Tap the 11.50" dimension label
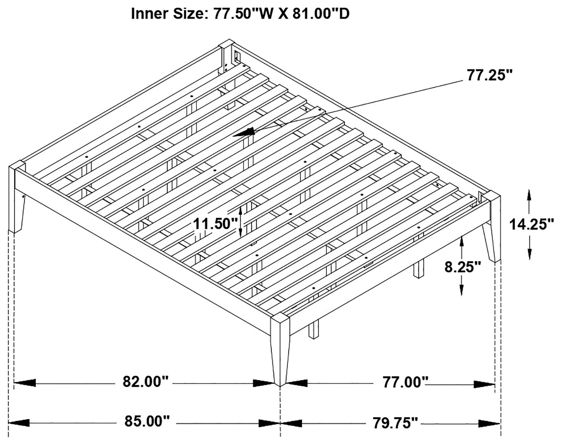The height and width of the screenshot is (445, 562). (x=216, y=224)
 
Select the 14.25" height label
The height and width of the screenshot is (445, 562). (x=531, y=224)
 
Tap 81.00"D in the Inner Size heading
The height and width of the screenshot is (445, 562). (x=321, y=14)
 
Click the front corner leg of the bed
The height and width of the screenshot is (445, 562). (x=280, y=349)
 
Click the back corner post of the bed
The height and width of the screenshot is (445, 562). (x=226, y=52)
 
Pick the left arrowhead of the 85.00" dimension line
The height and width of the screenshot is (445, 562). (x=18, y=423)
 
